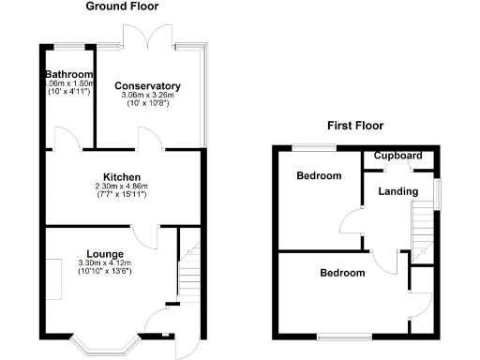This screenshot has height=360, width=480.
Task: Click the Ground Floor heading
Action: pyautogui.click(x=122, y=7)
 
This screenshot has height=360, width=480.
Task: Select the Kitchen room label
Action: pyautogui.click(x=122, y=176)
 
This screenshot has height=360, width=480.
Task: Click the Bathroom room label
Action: pyautogui.click(x=70, y=75)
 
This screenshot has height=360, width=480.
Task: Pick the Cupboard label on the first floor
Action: pyautogui.click(x=398, y=156)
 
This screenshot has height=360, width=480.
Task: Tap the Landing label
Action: pyautogui.click(x=397, y=191)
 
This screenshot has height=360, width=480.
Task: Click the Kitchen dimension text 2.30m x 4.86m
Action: pyautogui.click(x=122, y=187)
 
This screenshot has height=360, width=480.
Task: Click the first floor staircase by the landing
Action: pyautogui.click(x=424, y=229)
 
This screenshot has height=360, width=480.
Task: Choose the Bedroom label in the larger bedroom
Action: pyautogui.click(x=342, y=273)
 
